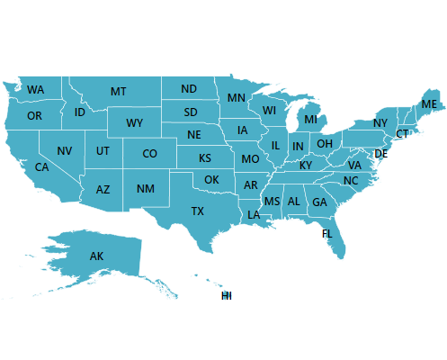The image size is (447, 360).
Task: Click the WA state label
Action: (x=36, y=90)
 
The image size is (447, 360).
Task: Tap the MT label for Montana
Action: (x=119, y=92)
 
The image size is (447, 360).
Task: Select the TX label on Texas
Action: (x=198, y=211)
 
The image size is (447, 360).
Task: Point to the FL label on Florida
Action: (x=327, y=233)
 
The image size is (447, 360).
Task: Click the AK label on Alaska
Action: (x=97, y=256)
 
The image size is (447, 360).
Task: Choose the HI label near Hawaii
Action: (x=227, y=295)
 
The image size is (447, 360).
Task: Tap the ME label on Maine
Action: (x=429, y=104)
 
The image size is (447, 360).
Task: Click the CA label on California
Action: (x=41, y=167)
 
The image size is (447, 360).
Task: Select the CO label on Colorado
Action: (x=149, y=154)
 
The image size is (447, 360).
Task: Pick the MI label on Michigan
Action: (x=311, y=119)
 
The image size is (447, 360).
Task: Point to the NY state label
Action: (x=380, y=123)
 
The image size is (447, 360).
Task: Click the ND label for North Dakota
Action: (x=189, y=89)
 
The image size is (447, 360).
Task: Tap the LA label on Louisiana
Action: (x=254, y=215)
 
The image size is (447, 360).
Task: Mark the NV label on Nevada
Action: (x=65, y=150)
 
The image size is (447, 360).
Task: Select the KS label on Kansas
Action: (x=205, y=158)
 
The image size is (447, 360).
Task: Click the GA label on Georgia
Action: (x=319, y=202)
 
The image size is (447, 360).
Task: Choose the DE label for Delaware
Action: (x=380, y=154)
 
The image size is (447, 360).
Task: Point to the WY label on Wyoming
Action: (x=135, y=123)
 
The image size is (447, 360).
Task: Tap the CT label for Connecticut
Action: (x=402, y=134)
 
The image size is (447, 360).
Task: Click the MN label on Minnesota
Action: (x=237, y=98)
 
